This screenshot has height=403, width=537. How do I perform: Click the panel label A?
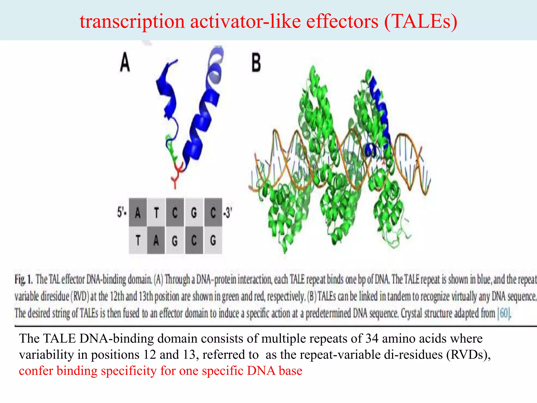(x=125, y=62)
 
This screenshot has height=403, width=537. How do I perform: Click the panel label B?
(x=256, y=63)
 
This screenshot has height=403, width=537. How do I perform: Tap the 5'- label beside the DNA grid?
(x=122, y=212)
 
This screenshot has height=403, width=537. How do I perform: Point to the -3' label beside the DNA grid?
(x=227, y=213)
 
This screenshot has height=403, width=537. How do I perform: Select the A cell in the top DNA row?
(x=138, y=213)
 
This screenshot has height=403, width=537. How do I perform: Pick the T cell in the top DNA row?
(x=157, y=213)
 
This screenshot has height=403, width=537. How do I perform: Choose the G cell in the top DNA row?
(x=194, y=213)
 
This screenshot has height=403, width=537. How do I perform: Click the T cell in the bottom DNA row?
(x=138, y=240)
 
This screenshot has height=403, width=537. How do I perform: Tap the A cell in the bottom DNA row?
(x=156, y=240)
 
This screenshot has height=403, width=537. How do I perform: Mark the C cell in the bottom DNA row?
(x=194, y=240)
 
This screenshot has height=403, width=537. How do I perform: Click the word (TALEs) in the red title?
(x=421, y=22)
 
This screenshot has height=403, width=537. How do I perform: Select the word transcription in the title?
(x=132, y=22)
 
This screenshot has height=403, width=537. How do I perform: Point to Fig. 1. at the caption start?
(x=24, y=279)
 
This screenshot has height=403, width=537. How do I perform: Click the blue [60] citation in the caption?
(x=504, y=313)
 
